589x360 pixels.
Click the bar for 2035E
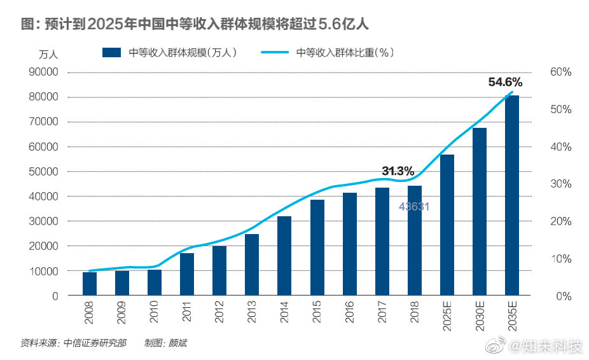click(x=511, y=196)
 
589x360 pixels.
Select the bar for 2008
click(x=90, y=284)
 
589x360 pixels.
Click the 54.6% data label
click(x=505, y=82)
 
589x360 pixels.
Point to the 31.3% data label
click(x=398, y=171)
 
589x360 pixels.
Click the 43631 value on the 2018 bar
click(x=415, y=206)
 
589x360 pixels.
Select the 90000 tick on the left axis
click(x=45, y=73)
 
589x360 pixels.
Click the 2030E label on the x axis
click(x=480, y=315)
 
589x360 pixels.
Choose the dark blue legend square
click(x=112, y=53)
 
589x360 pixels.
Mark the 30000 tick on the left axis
click(x=45, y=221)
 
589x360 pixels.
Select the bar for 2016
click(x=349, y=244)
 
